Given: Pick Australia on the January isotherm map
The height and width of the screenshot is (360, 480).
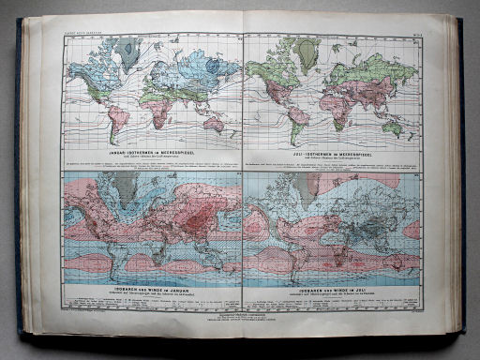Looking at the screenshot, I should [x=217, y=122].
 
